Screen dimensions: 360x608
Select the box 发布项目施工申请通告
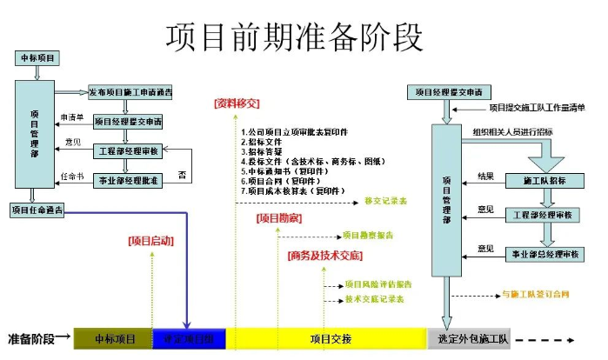(130, 92)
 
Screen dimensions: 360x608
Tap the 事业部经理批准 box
(127, 180)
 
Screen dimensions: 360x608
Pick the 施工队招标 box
(544, 180)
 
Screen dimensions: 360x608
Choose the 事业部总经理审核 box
(544, 254)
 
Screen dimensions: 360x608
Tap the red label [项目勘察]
(279, 217)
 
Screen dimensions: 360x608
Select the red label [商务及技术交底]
(324, 256)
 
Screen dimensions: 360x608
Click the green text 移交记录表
(385, 200)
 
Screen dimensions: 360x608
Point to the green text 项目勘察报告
(368, 235)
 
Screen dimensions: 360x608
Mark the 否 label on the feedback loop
(182, 176)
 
